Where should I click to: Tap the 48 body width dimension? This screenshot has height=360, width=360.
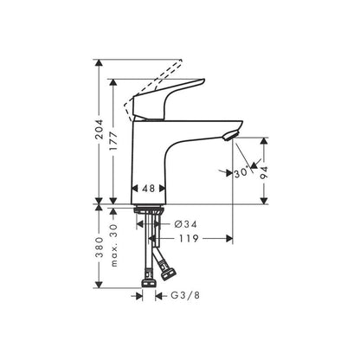pos(150,187)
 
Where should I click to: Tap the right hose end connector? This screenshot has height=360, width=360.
pos(168,273)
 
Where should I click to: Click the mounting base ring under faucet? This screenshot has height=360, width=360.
pos(150,208)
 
